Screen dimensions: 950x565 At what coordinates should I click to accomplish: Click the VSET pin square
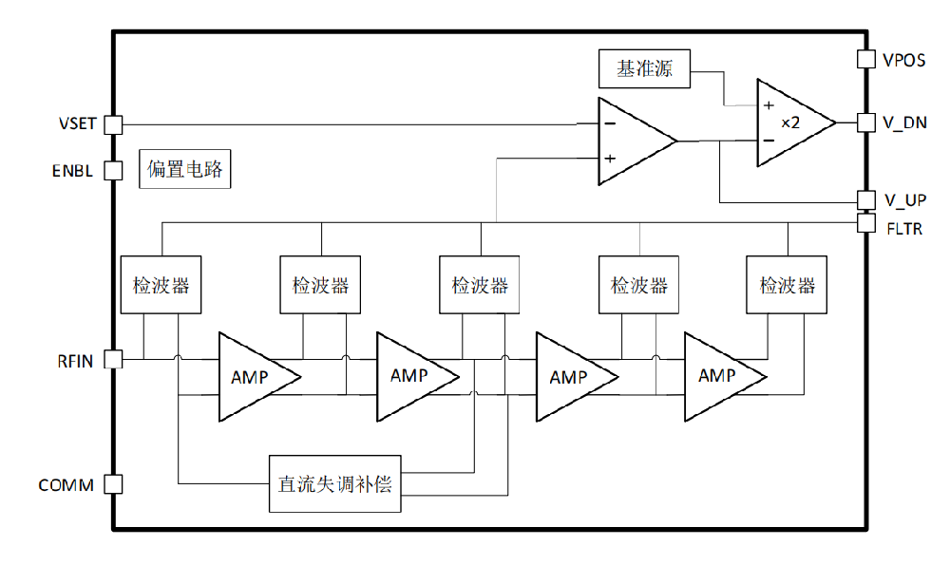(x=113, y=124)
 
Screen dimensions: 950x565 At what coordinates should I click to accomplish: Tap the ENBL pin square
(x=113, y=171)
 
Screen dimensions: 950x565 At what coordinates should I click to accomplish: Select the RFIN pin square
(x=113, y=359)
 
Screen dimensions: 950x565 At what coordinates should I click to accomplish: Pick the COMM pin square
(x=113, y=484)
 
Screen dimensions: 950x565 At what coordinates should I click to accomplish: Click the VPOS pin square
(x=866, y=59)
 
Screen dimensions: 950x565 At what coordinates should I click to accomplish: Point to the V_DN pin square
(x=866, y=122)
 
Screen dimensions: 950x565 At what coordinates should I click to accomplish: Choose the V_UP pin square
(x=866, y=199)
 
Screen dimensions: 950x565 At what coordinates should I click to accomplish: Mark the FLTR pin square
(x=866, y=223)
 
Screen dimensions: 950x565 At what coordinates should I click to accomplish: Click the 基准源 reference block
(x=645, y=69)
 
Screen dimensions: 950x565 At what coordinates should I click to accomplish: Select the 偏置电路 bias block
(x=185, y=169)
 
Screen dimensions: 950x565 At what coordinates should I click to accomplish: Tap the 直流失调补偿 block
(x=335, y=484)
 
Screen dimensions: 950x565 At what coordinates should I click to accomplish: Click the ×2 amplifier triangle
(x=796, y=122)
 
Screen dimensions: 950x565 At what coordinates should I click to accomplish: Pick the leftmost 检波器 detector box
(x=161, y=285)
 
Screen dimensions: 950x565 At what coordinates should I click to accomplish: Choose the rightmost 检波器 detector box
(x=787, y=285)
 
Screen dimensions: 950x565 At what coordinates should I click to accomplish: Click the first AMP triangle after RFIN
(x=259, y=377)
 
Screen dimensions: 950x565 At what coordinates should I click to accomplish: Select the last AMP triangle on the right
(x=725, y=377)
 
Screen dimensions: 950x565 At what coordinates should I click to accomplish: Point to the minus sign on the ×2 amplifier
(x=769, y=141)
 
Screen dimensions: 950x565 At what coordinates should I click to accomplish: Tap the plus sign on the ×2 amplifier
(x=769, y=105)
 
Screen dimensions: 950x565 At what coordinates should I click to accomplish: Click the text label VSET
(x=78, y=123)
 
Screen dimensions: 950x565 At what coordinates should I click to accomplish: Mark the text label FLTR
(x=904, y=229)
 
